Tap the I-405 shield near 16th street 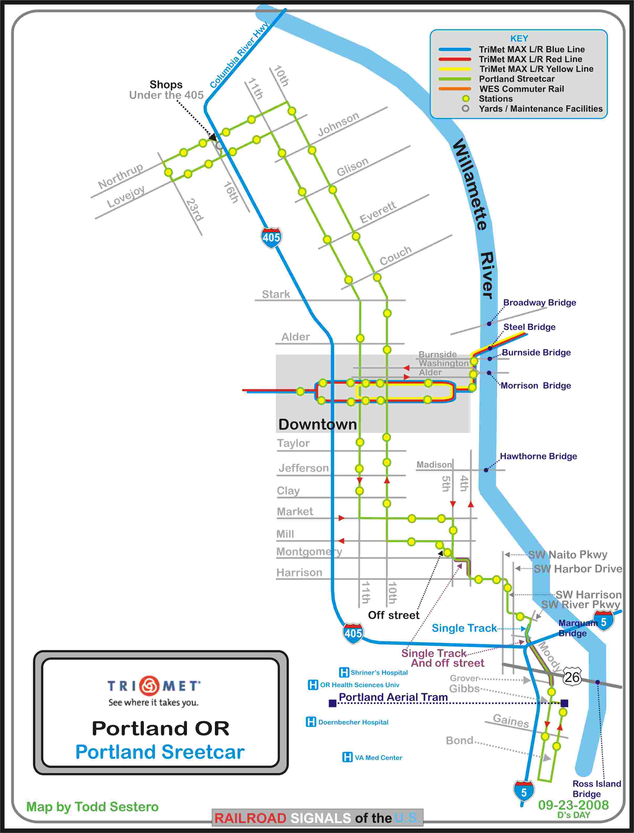pyautogui.click(x=271, y=237)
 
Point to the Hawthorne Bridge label pyautogui.click(x=538, y=456)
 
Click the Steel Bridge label pyautogui.click(x=529, y=327)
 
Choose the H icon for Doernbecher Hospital pyautogui.click(x=311, y=722)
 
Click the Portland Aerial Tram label pyautogui.click(x=393, y=697)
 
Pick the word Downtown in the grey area pyautogui.click(x=317, y=425)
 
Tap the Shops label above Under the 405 pyautogui.click(x=166, y=85)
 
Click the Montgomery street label pyautogui.click(x=309, y=552)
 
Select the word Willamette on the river pyautogui.click(x=470, y=184)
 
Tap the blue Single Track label pyautogui.click(x=464, y=628)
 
